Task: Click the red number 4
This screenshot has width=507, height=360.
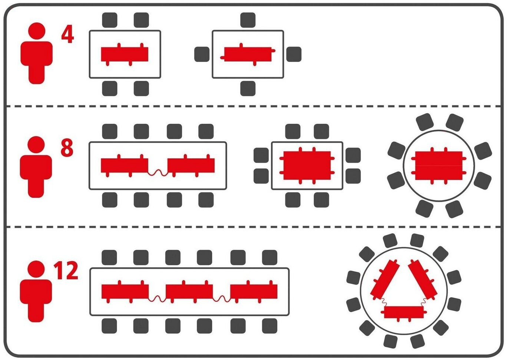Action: (x=67, y=35)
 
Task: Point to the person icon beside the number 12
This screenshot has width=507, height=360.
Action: (x=36, y=291)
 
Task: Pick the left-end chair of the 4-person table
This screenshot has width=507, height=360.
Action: (x=202, y=54)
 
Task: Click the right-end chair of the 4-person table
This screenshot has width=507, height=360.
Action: (x=294, y=54)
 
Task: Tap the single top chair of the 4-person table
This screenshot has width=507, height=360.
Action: (x=248, y=20)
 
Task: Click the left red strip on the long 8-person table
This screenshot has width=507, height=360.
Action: (x=124, y=165)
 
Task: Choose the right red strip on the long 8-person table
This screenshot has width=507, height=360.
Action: (x=191, y=165)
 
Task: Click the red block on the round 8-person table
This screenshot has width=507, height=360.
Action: (x=439, y=165)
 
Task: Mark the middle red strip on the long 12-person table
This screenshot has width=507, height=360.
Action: (x=189, y=291)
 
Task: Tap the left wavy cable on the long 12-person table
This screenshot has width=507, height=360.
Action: (x=157, y=298)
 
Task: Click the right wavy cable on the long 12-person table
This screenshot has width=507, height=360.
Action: (x=222, y=298)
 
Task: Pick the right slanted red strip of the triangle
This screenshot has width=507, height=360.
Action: (x=423, y=278)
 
